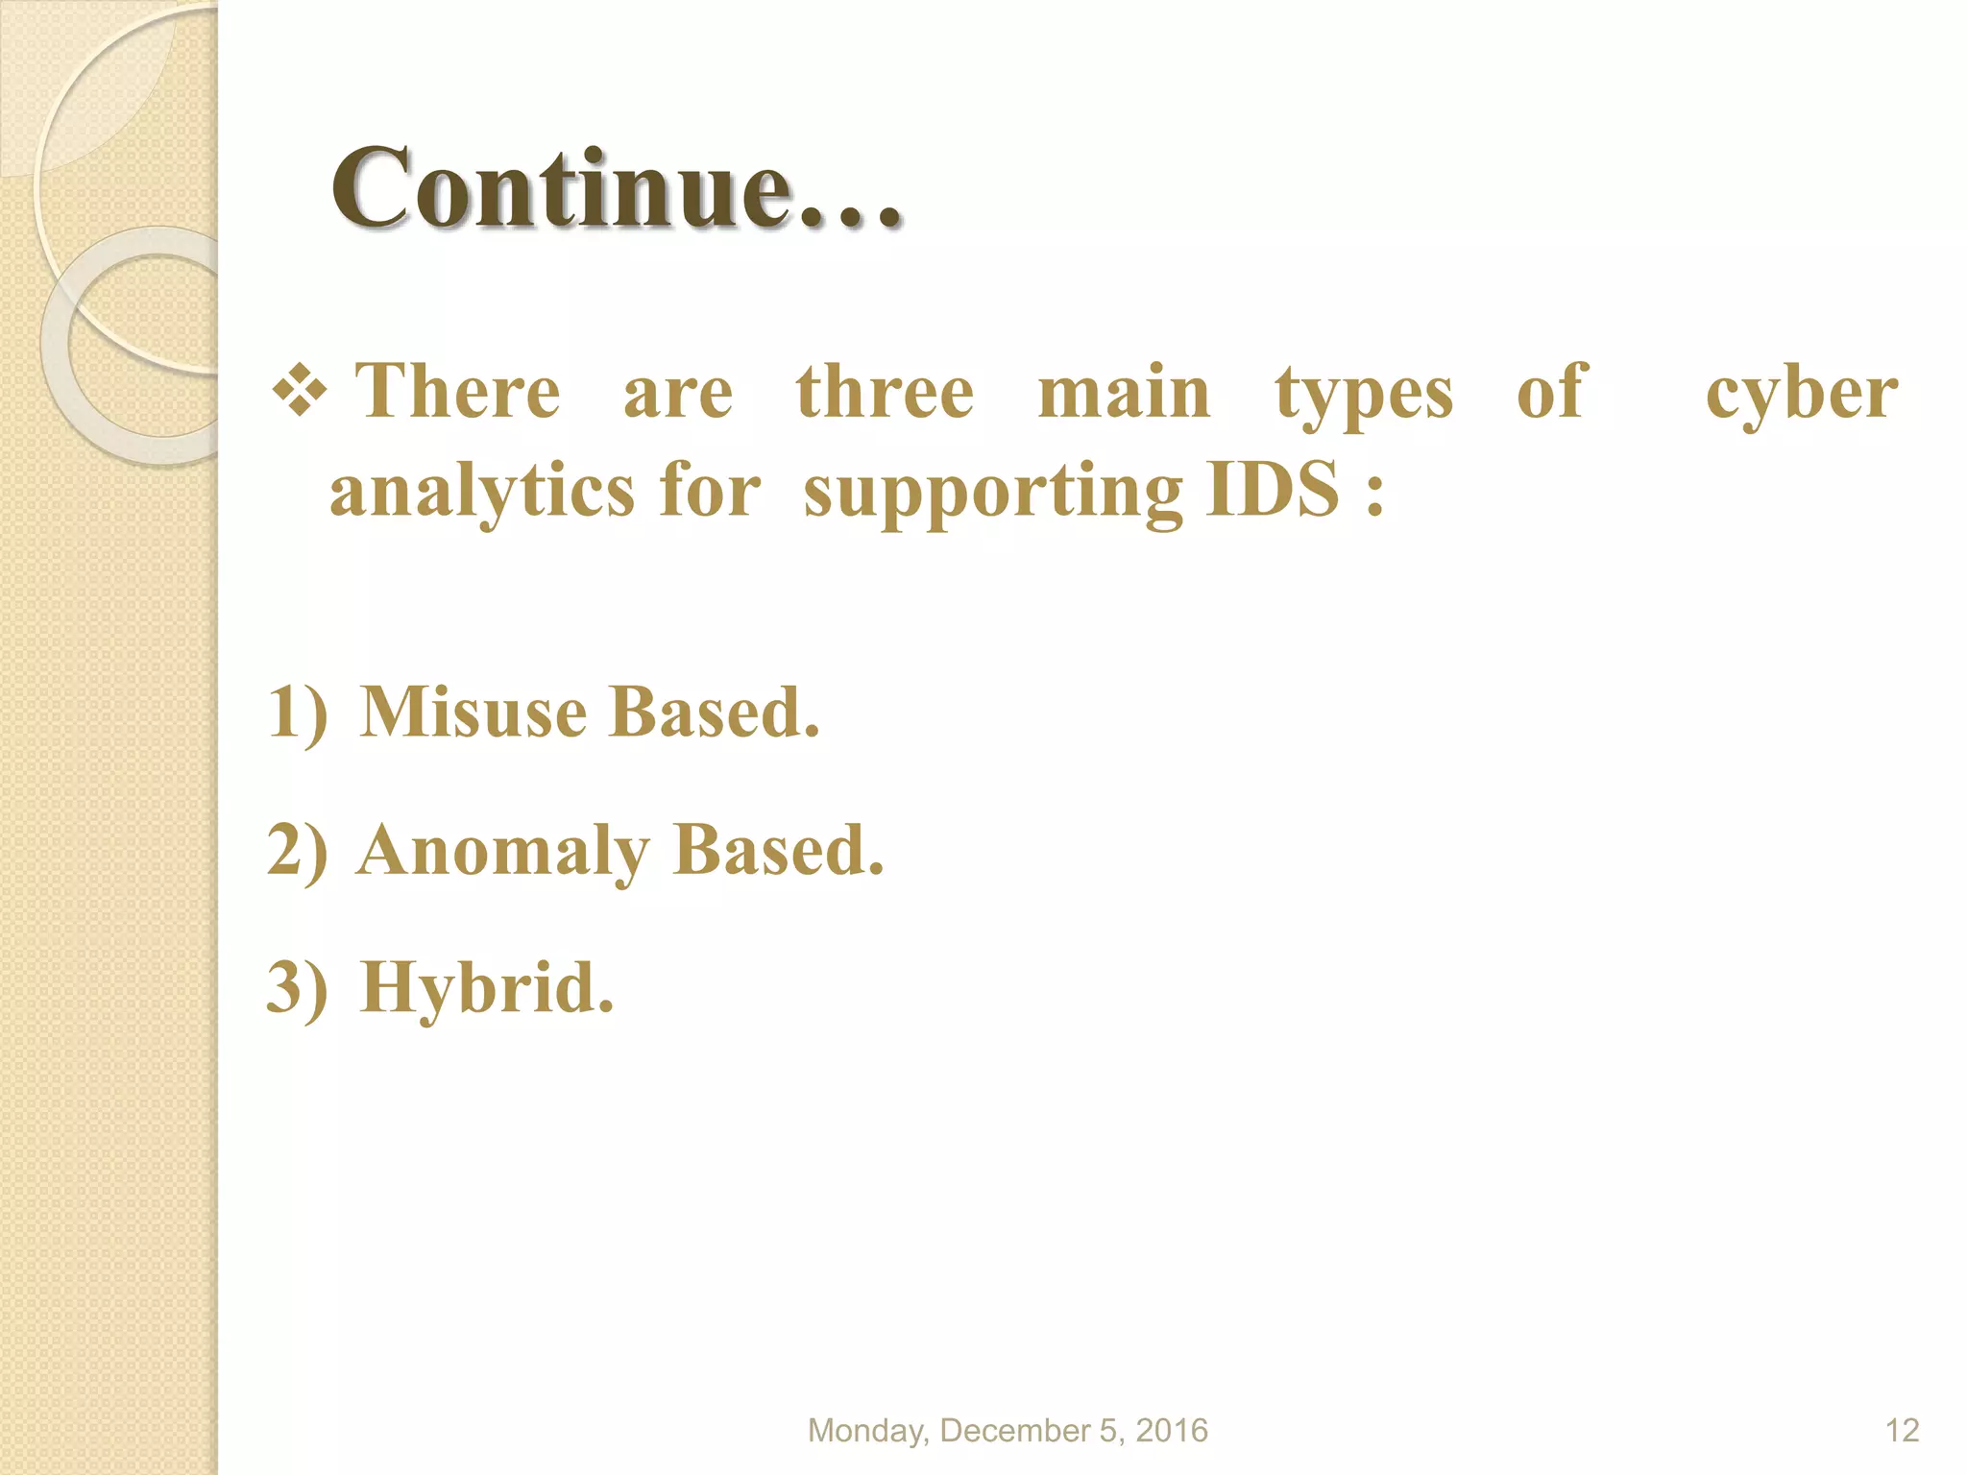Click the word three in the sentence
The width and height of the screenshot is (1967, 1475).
pos(885,393)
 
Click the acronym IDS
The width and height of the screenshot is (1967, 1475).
pos(1273,489)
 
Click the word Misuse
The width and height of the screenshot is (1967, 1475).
pos(473,713)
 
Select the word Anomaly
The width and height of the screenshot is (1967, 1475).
pos(502,853)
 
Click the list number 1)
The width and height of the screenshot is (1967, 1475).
pos(298,713)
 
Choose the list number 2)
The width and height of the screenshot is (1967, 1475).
pos(298,851)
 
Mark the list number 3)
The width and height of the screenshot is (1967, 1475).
pos(298,988)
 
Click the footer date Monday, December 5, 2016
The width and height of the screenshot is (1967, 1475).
pos(1008,1430)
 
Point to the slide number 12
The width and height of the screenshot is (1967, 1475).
pos(1902,1430)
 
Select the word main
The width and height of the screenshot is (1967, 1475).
pos(1124,393)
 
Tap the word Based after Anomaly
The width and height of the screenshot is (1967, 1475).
pos(778,851)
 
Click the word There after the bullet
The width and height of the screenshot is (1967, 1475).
pos(458,393)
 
